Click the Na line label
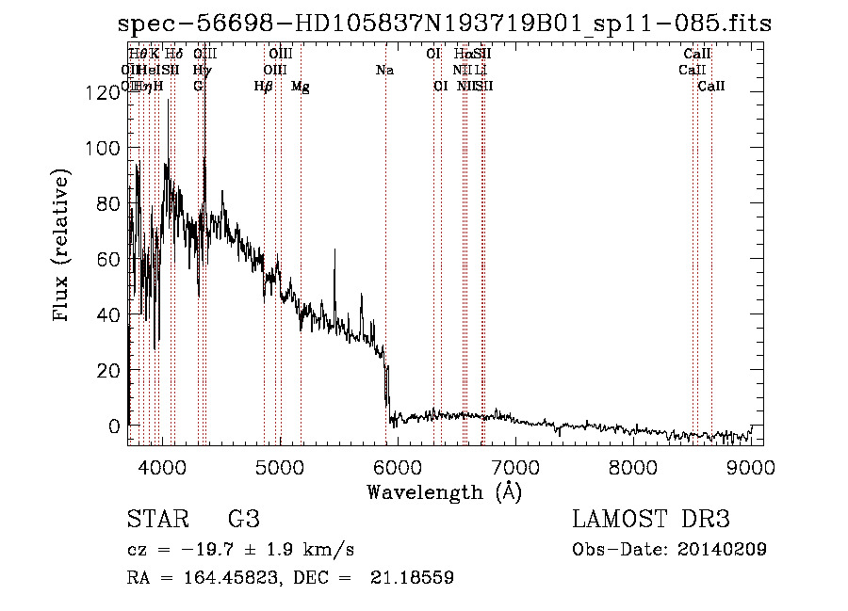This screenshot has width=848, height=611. pos(384,71)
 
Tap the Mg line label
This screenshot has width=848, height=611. pos(301,87)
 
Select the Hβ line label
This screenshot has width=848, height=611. pos(264,87)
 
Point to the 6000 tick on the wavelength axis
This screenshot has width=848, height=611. pos(397,466)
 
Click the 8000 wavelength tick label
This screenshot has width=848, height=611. pos(632,466)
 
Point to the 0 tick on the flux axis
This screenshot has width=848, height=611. pos(114,426)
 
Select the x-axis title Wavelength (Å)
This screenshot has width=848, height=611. pos(444,492)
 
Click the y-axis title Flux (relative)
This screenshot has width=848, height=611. pos(63,247)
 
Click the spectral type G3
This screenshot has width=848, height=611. pos(244,520)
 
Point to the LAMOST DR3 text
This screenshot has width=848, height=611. pos(651,520)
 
